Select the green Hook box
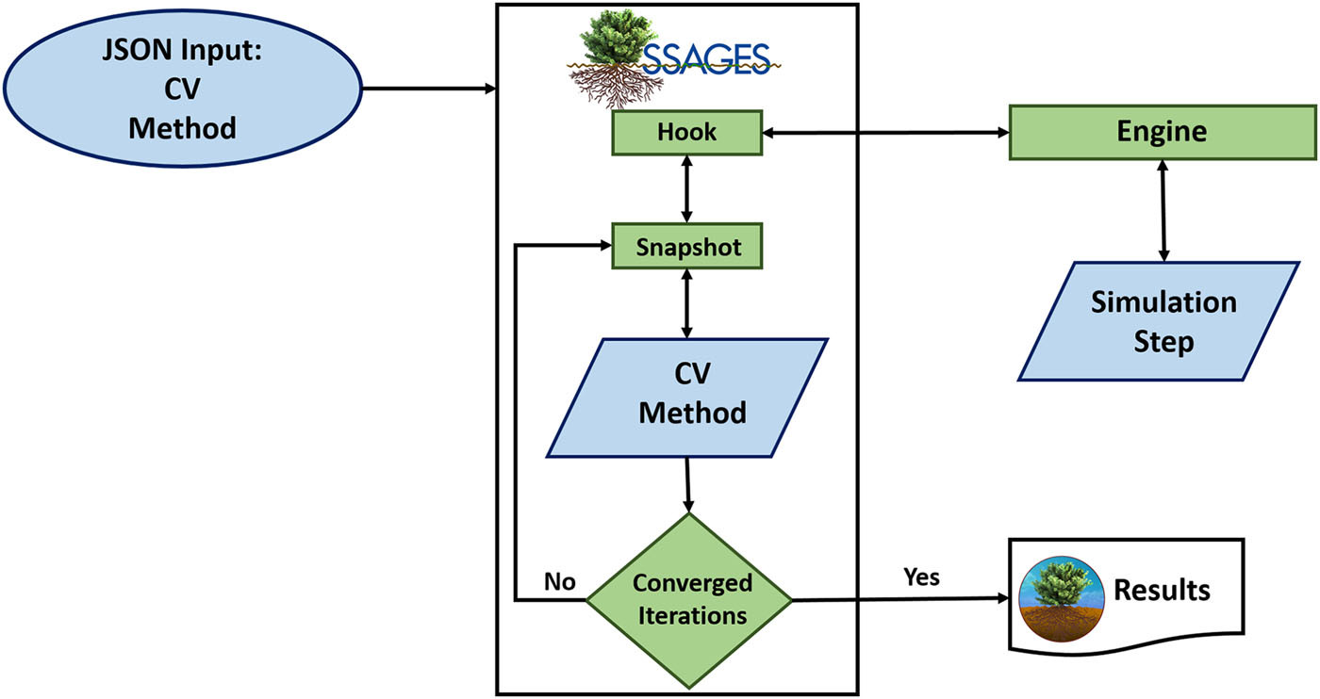click(685, 133)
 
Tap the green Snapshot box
click(685, 247)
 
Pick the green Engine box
click(1162, 131)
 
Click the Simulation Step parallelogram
click(1163, 320)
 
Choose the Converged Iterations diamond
click(691, 599)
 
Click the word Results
click(1162, 590)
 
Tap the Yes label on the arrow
click(921, 576)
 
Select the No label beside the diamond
click(559, 580)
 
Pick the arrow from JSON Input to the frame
click(429, 90)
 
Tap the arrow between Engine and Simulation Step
click(1163, 210)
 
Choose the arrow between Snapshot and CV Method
click(686, 303)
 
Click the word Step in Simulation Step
click(1163, 340)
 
